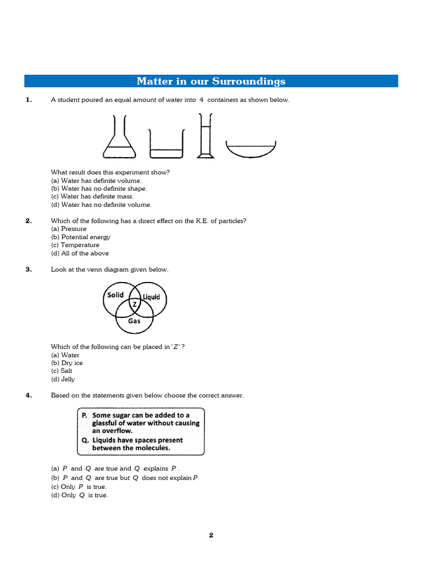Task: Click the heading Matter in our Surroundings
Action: click(x=211, y=81)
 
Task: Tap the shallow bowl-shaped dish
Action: click(x=251, y=148)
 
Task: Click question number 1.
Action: click(x=29, y=100)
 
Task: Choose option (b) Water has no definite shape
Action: click(x=99, y=189)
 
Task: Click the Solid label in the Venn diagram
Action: click(x=115, y=295)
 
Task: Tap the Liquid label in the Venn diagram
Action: click(x=151, y=297)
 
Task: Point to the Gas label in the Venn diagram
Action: click(x=134, y=321)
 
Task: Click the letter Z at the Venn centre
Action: click(x=134, y=304)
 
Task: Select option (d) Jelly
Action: click(x=63, y=379)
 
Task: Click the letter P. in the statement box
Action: click(x=85, y=416)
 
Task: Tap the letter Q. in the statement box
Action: click(x=85, y=440)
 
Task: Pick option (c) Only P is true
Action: click(x=79, y=487)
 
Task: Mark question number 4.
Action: click(x=29, y=395)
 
